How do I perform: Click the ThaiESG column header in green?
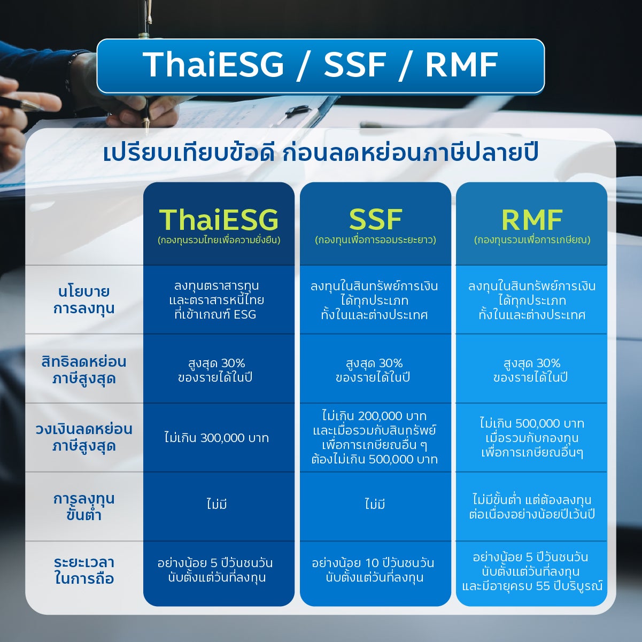pos(219,220)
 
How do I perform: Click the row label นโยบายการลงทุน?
pos(84,300)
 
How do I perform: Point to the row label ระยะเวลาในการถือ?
pos(84,570)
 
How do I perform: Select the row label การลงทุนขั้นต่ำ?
pos(84,506)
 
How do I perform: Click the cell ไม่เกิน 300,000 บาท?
pos(216,438)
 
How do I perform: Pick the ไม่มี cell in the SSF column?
pos(375,504)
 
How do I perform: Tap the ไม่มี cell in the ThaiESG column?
pos(216,504)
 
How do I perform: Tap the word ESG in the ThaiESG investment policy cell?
pos(245,314)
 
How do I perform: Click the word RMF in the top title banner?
pos(461,65)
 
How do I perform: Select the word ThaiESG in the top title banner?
pos(213,65)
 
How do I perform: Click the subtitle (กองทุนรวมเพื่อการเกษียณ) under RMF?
pos(532,240)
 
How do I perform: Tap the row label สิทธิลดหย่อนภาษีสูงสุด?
pos(84,370)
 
